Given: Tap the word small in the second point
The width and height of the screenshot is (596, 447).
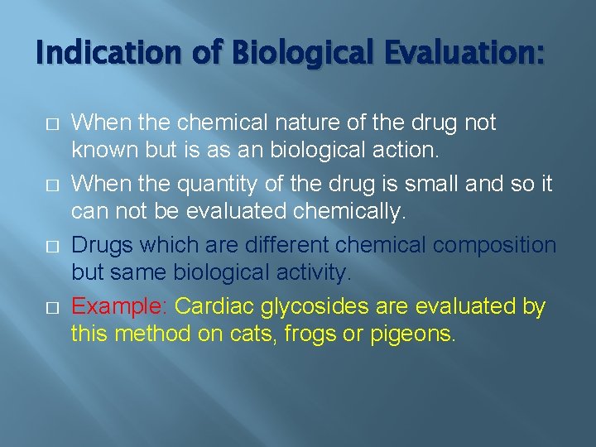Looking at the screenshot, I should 406,185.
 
